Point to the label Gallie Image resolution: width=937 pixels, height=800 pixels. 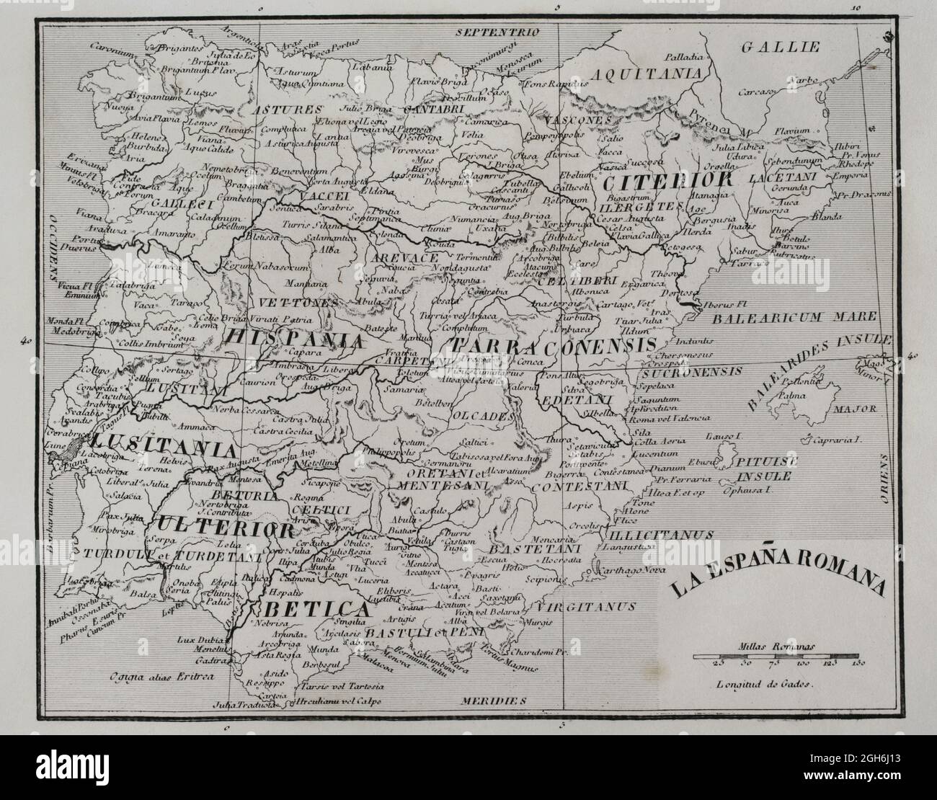pos(781,48)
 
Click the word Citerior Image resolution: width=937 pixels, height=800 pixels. pos(668,179)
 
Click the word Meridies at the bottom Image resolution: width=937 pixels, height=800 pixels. pos(494,700)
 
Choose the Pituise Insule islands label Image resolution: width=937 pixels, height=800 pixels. pos(763,469)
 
